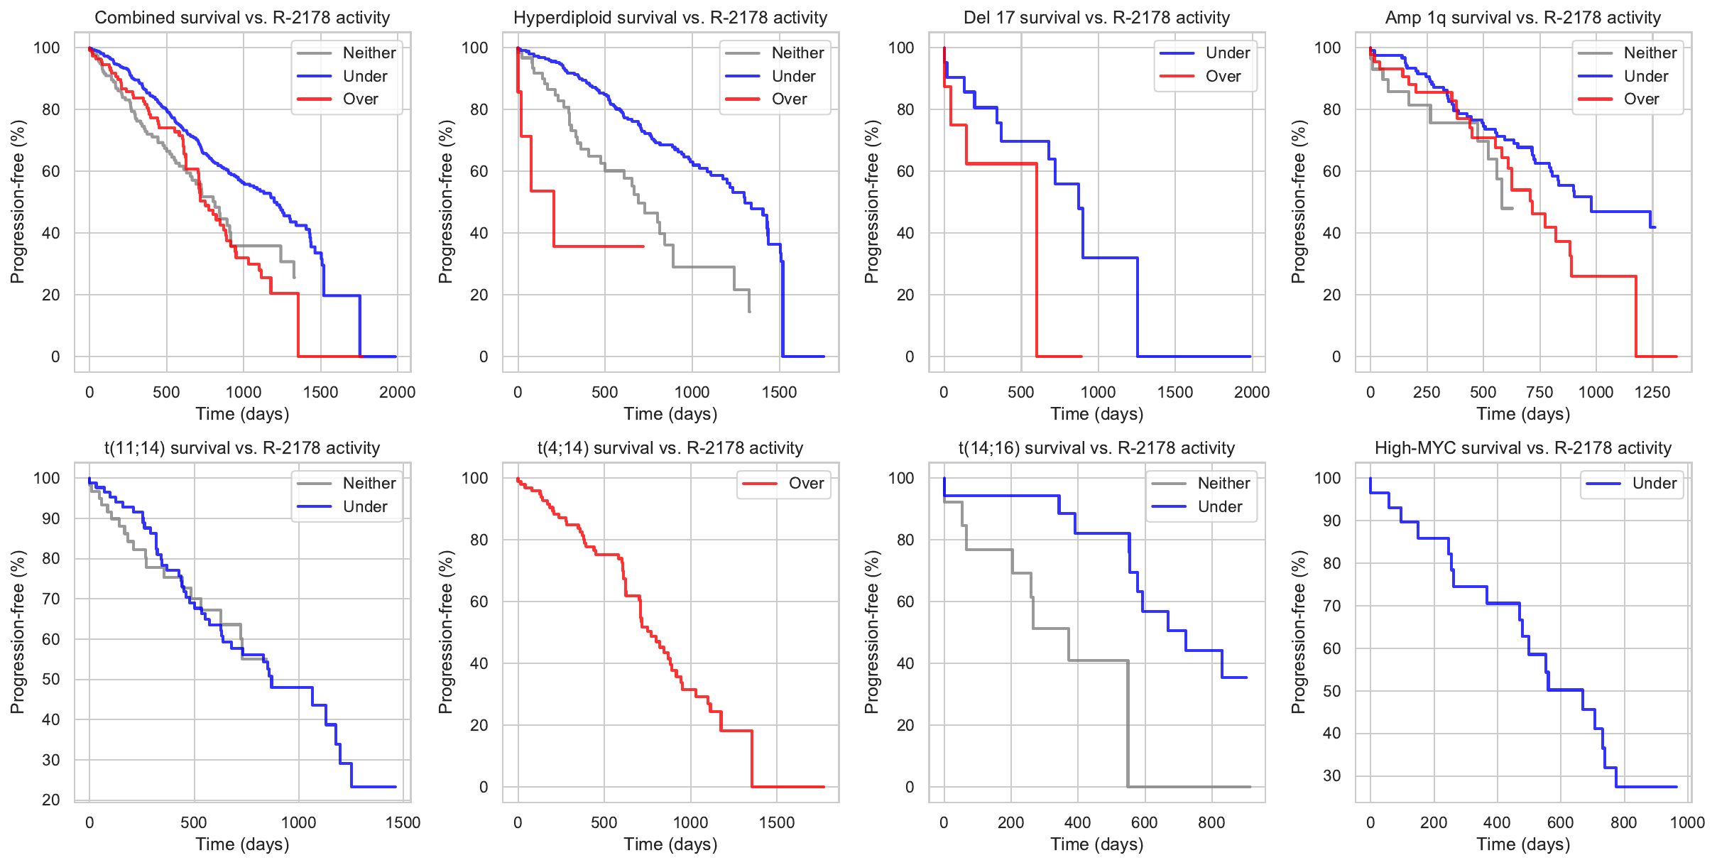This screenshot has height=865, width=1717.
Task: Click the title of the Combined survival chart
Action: coord(242,18)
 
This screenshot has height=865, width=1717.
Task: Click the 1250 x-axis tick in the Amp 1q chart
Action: coord(1652,393)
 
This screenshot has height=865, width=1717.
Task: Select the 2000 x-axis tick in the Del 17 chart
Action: coord(1251,393)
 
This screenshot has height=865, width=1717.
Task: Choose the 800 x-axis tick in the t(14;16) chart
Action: coord(1211,823)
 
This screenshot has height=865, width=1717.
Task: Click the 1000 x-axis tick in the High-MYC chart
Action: coord(1686,823)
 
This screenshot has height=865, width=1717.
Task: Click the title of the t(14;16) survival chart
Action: coord(1096,448)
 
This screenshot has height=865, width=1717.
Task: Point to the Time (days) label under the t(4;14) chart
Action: coord(670,844)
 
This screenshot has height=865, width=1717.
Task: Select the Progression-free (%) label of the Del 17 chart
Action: coord(871,202)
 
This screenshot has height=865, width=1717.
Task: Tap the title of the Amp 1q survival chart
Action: coord(1522,18)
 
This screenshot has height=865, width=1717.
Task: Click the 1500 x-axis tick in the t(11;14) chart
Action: coord(403,823)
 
